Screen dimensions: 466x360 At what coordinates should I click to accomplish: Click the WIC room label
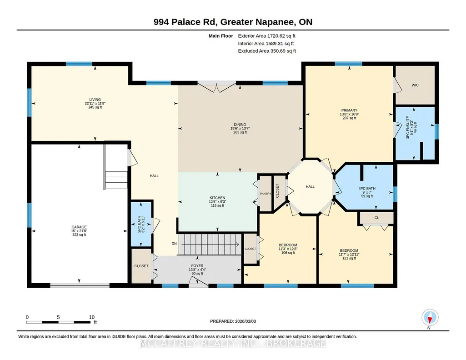click(415, 85)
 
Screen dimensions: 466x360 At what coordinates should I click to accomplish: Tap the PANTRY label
click(266, 194)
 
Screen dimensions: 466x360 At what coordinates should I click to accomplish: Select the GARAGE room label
click(79, 227)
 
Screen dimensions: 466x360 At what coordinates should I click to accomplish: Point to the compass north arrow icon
click(430, 318)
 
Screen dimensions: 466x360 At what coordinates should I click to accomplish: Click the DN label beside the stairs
click(174, 244)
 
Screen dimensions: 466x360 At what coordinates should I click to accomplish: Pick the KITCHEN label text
click(217, 198)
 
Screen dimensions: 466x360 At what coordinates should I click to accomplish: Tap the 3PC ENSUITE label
click(408, 127)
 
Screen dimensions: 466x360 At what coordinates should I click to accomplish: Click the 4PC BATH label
click(367, 189)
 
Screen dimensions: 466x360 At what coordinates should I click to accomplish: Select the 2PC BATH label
click(139, 224)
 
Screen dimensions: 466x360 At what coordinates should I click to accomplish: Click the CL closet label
click(376, 218)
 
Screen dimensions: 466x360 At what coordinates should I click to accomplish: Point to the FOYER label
click(197, 266)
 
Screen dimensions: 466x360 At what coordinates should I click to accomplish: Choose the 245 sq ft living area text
click(95, 107)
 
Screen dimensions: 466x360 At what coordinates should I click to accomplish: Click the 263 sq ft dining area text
click(240, 132)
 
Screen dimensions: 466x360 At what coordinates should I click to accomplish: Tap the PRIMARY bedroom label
click(349, 110)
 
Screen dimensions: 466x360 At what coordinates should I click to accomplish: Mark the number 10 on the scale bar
click(91, 317)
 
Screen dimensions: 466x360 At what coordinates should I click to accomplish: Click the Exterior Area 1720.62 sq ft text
click(266, 36)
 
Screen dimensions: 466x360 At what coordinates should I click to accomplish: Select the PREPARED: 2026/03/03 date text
click(233, 321)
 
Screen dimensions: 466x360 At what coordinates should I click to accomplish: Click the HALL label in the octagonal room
click(310, 186)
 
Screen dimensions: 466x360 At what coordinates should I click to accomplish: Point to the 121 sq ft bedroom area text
click(349, 258)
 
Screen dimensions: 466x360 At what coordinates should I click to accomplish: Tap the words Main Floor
click(221, 36)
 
